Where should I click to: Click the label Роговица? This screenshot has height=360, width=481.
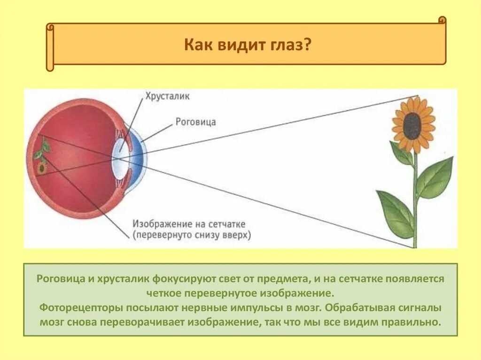[x=195, y=122]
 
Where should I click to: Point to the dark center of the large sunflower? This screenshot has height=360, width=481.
[x=412, y=126]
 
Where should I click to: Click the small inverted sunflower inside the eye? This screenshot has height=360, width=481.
[x=42, y=167]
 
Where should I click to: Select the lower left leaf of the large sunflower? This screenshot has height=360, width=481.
[x=395, y=214]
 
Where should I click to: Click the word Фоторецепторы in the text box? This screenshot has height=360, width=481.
[x=76, y=308]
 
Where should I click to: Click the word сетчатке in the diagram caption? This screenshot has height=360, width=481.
[x=226, y=224]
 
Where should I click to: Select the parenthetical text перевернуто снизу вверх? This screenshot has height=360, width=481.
[x=192, y=234]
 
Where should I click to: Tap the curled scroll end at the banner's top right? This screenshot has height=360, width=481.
[x=442, y=20]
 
